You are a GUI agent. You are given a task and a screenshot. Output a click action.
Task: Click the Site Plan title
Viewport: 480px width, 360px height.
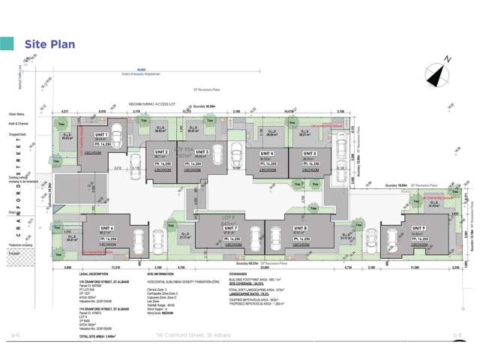pyautogui.click(x=49, y=44)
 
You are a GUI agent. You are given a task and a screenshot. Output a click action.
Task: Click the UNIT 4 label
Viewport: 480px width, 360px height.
pyautogui.click(x=266, y=154)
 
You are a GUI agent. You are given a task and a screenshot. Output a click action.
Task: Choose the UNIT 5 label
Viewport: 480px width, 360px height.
pyautogui.click(x=309, y=154)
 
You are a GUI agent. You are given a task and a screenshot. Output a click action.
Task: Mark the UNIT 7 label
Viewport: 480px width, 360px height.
pyautogui.click(x=231, y=227)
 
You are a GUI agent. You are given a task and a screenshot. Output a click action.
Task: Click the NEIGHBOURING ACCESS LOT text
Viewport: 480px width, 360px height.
pyautogui.click(x=153, y=104)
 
